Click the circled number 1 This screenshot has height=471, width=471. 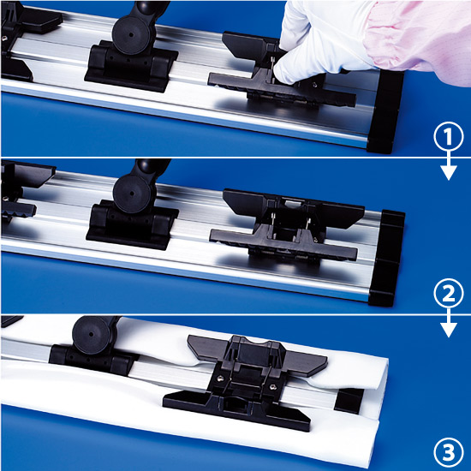pos(448,136)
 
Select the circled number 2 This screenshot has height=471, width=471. pos(449,293)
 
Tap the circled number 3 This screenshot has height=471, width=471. pos(449,451)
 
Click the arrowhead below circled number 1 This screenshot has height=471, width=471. pos(449,172)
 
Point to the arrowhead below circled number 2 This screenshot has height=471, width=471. pos(449,330)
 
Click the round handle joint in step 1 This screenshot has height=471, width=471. pos(131,35)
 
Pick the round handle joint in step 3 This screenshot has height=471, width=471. pos(92,334)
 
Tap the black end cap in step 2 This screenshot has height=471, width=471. pos(386,259)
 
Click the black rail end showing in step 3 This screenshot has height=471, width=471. pos(349,400)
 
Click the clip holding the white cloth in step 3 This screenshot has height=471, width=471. pos(245,381)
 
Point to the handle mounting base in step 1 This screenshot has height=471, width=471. pos(131,69)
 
